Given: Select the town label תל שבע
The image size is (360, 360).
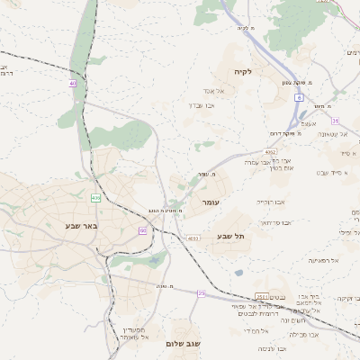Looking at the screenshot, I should [231, 236].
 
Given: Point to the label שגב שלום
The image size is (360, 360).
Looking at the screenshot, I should [183, 344].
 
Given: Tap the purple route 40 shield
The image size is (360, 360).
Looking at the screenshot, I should [72, 84].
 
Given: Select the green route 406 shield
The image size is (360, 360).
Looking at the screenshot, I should [95, 197].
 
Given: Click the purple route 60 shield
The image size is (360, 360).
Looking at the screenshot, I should [142, 231].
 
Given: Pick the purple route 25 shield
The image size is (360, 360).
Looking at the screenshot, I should [202, 293].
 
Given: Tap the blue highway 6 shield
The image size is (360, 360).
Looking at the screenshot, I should [298, 96].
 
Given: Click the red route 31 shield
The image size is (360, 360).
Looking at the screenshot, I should [334, 120].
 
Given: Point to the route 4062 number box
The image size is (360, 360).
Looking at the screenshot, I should [270, 153].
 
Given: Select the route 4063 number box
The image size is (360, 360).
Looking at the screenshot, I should [193, 238].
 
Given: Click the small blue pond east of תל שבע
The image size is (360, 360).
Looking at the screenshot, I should [238, 272].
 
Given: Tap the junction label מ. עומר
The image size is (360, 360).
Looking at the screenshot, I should [207, 175].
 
